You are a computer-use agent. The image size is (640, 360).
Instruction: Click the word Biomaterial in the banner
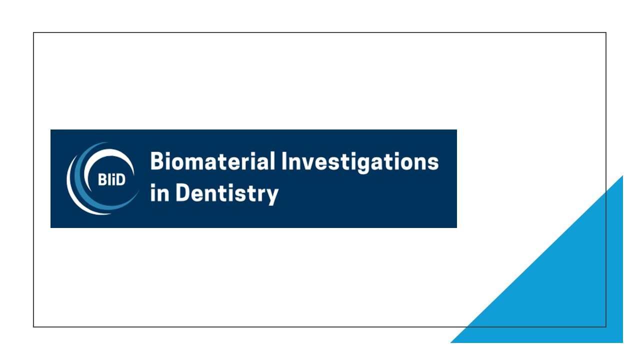click(212, 161)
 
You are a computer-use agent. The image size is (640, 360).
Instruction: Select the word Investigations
click(360, 162)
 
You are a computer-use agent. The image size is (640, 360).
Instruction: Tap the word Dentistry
click(227, 193)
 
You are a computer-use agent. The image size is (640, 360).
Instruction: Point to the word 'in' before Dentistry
click(159, 193)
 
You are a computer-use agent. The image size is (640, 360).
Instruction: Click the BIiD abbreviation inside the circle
click(111, 180)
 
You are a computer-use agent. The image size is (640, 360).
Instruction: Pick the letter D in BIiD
click(120, 180)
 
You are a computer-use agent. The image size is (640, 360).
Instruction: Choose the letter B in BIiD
click(102, 180)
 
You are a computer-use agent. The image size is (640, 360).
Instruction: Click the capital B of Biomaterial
click(157, 161)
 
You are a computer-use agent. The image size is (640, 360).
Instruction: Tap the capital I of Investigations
click(284, 161)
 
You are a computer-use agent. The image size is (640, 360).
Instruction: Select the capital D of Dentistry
click(182, 192)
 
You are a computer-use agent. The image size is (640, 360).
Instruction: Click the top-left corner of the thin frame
click(33, 32)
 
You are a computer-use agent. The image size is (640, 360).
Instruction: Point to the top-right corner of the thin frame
click(606, 32)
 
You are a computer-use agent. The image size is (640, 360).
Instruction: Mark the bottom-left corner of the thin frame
click(33, 327)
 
